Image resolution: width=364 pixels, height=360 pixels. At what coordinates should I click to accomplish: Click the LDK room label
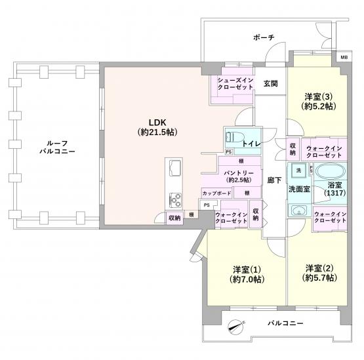click(x=157, y=123)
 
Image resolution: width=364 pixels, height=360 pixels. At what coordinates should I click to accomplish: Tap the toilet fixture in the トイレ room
click(x=234, y=136)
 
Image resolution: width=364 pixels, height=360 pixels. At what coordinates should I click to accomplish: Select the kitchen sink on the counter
click(x=174, y=168)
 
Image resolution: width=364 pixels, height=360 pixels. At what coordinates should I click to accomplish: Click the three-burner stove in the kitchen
click(x=174, y=200)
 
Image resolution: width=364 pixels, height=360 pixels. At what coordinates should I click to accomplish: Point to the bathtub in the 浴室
click(x=331, y=172)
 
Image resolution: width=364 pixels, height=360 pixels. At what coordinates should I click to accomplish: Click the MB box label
click(x=344, y=57)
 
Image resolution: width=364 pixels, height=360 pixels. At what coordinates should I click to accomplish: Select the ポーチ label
click(x=264, y=37)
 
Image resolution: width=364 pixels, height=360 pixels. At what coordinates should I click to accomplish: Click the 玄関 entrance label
click(x=270, y=83)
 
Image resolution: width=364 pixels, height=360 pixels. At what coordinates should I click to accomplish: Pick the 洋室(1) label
click(x=247, y=270)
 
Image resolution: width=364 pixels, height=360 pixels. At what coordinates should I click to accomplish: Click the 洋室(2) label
click(x=319, y=268)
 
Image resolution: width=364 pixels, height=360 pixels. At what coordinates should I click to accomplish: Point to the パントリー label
click(x=239, y=173)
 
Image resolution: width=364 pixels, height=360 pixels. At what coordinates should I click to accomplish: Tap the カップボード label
click(x=217, y=193)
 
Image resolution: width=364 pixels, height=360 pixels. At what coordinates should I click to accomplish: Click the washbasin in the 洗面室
click(x=299, y=210)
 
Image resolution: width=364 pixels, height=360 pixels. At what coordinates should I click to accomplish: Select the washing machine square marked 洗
click(x=298, y=170)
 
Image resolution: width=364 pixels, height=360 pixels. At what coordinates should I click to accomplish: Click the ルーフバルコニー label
click(x=57, y=147)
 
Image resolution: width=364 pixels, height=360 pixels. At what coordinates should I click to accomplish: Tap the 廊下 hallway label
click(x=274, y=180)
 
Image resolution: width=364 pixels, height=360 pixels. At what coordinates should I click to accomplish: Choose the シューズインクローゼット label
click(x=235, y=84)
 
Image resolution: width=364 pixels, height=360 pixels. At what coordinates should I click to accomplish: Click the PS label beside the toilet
click(x=228, y=152)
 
